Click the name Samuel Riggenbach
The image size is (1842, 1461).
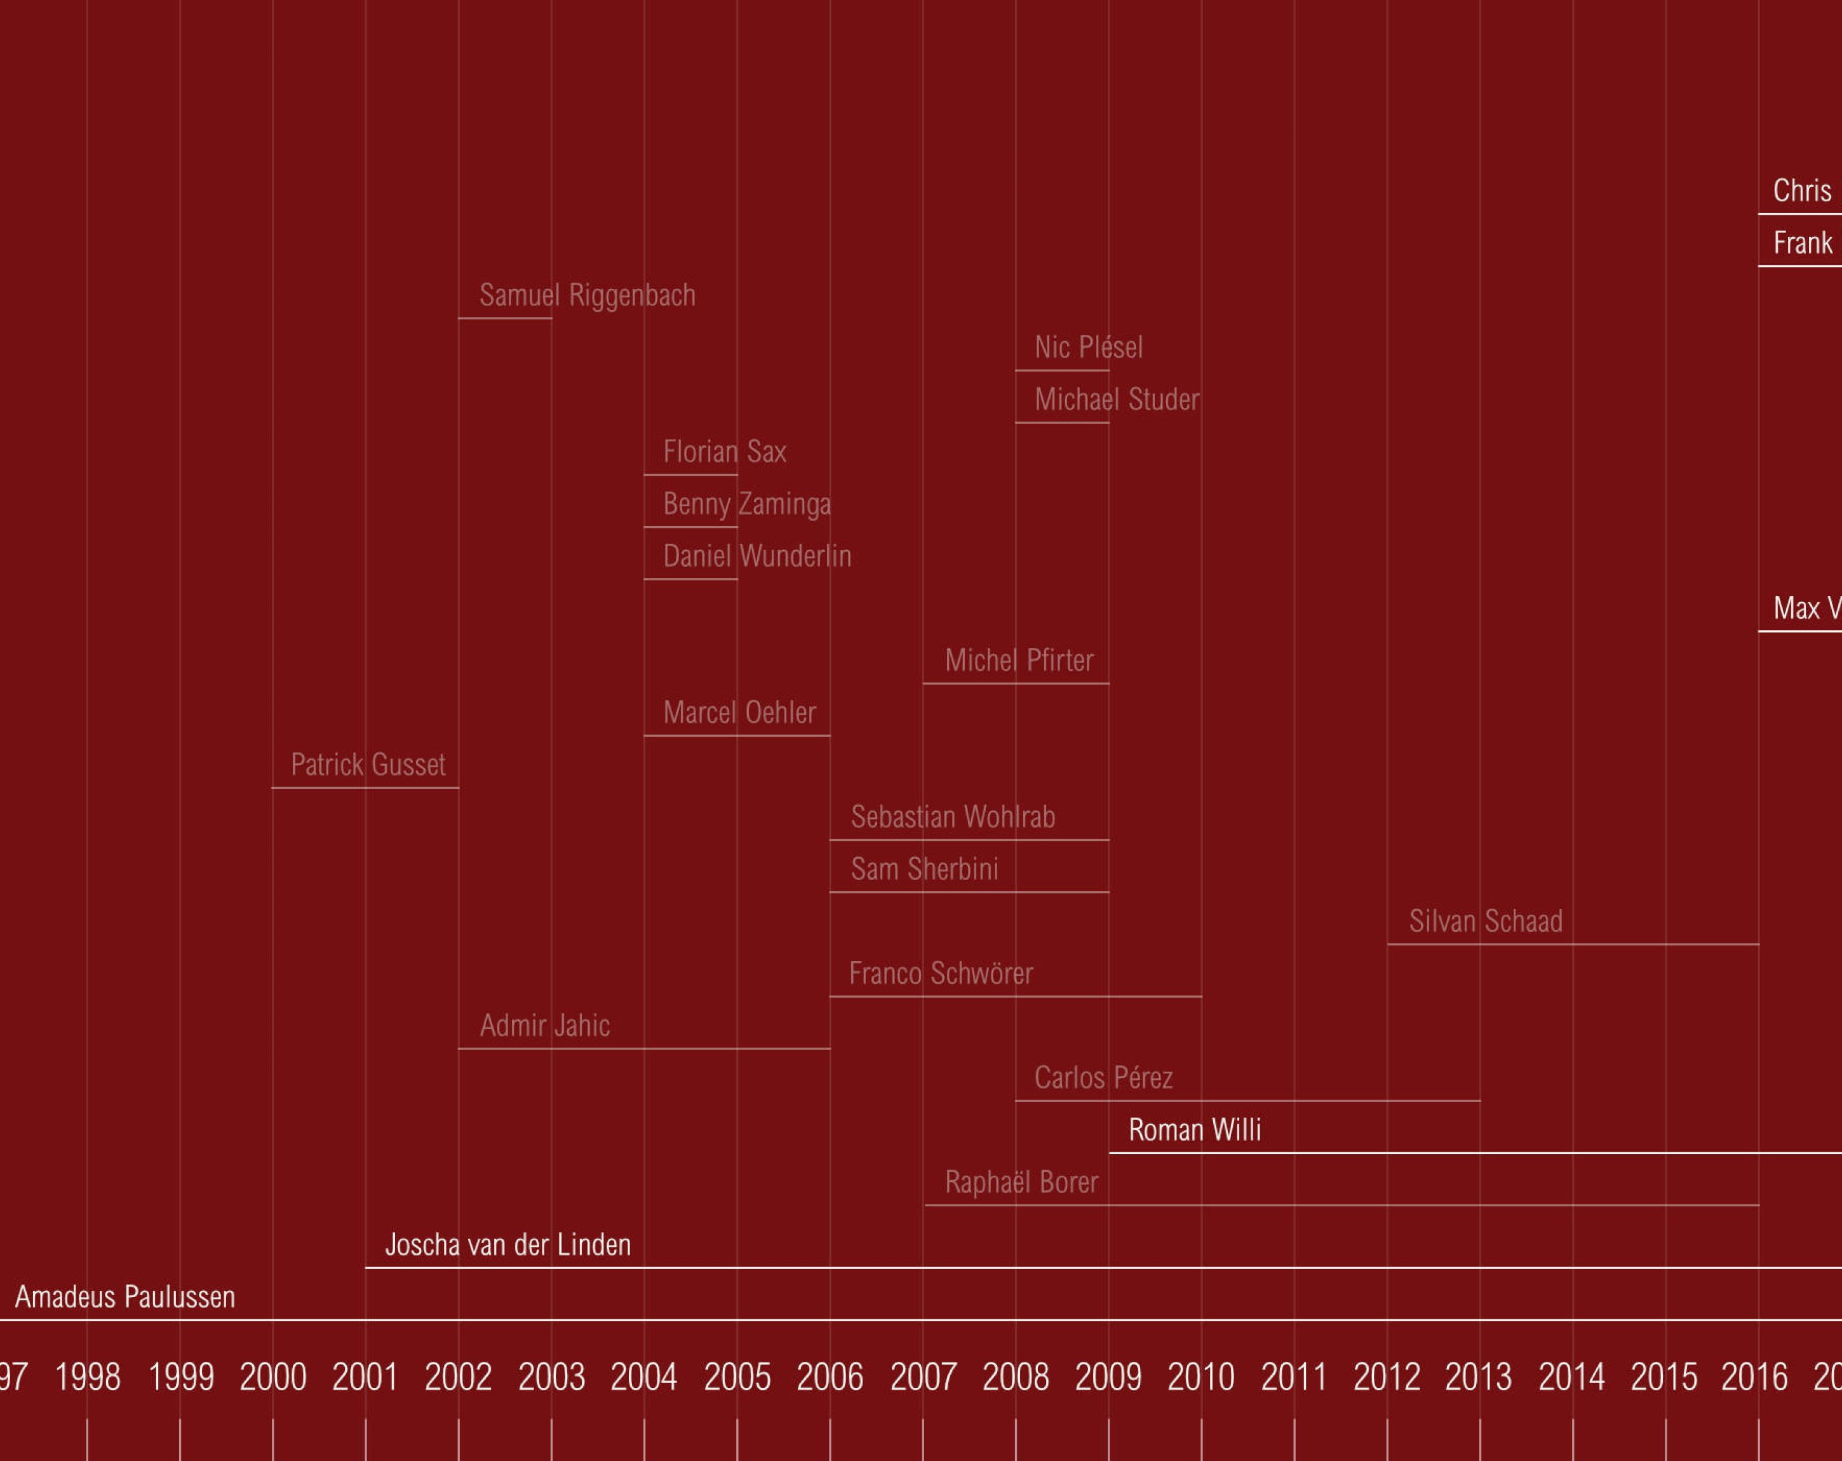point(587,295)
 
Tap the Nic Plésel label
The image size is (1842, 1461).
point(1087,347)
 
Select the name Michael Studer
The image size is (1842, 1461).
point(1117,399)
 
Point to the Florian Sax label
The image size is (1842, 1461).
point(725,451)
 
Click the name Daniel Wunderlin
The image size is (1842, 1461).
point(757,556)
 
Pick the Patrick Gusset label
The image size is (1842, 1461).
point(367,765)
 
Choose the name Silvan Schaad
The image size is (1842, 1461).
point(1486,921)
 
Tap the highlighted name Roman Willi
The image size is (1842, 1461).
point(1194,1130)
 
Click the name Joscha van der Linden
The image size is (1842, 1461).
point(508,1245)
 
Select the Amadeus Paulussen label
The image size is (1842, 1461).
point(124,1297)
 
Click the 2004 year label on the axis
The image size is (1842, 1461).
point(643,1377)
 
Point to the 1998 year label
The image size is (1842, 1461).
point(87,1377)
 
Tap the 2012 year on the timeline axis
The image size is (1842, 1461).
point(1387,1377)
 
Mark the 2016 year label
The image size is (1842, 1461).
point(1754,1377)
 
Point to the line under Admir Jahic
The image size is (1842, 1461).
point(643,1048)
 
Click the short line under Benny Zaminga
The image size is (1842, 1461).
point(690,527)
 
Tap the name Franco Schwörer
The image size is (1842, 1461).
point(941,973)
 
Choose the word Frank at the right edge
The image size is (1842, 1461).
point(1803,243)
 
